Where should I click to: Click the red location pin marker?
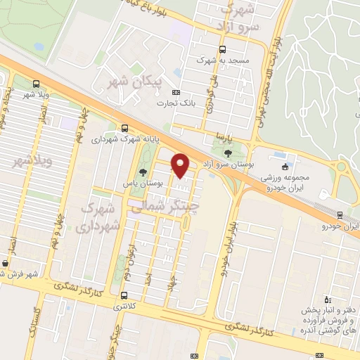(181, 166)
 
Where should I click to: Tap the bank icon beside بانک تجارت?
(176, 92)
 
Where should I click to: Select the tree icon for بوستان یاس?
(143, 172)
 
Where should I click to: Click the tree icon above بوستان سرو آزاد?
(227, 152)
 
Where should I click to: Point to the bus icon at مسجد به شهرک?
(223, 49)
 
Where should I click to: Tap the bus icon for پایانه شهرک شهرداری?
(124, 128)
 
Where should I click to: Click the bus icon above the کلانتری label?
(124, 295)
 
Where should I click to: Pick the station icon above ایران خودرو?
(340, 215)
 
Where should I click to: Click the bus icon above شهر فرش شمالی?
(6, 264)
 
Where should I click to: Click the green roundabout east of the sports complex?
(342, 169)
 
